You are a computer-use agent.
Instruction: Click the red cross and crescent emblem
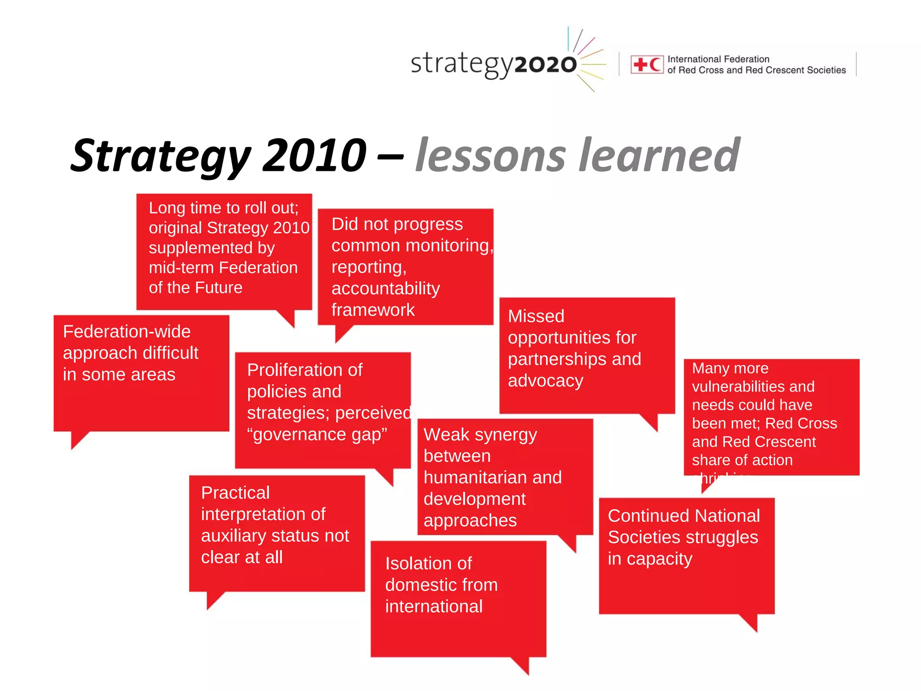coord(647,64)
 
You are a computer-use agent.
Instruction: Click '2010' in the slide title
coord(314,155)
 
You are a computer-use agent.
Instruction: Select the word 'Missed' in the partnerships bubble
coord(536,316)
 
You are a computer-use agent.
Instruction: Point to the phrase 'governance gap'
coord(317,435)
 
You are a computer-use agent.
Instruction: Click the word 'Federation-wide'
coord(127,332)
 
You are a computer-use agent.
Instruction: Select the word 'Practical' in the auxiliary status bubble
coord(235,493)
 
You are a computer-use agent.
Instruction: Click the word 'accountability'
coord(385,288)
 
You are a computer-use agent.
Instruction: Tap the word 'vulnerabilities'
coord(753,386)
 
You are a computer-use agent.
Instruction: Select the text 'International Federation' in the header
coord(718,59)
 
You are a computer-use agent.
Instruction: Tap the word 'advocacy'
coord(545,381)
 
